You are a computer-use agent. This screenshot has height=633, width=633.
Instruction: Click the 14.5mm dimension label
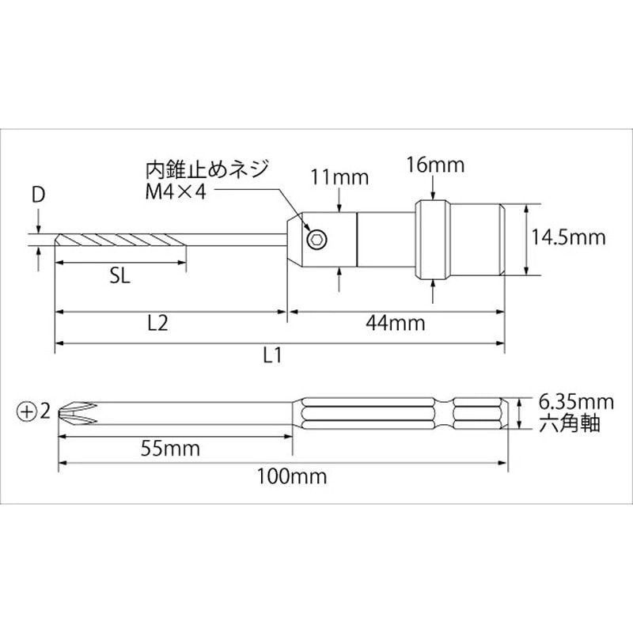pos(567,237)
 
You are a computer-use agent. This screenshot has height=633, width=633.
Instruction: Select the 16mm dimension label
pos(434,165)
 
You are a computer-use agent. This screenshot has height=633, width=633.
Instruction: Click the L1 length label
pos(272,355)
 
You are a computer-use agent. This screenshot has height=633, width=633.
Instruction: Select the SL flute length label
pos(120,278)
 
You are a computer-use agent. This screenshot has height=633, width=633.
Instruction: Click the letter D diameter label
pos(37,195)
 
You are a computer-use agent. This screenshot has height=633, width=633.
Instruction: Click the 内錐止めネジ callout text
pos(207,169)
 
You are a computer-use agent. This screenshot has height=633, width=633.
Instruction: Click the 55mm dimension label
pos(171,449)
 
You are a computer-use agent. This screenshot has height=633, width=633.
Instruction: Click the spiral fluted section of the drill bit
pos(123,239)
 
